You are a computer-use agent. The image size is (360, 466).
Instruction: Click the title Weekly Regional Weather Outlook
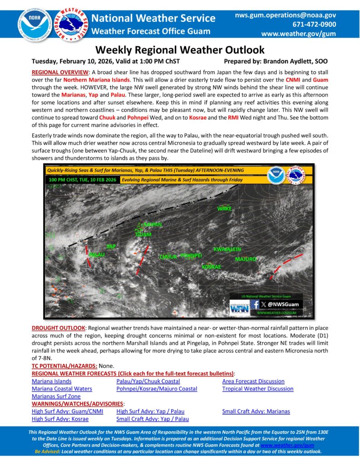(180, 50)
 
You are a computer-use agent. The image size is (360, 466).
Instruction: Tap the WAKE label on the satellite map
(224, 208)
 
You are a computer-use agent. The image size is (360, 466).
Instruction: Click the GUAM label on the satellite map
(144, 234)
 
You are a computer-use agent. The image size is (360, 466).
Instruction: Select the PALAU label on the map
(96, 254)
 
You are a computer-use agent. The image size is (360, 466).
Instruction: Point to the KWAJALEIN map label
(227, 249)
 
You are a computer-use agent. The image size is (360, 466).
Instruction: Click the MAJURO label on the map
(246, 259)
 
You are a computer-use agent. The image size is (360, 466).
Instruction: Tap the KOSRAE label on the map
(211, 266)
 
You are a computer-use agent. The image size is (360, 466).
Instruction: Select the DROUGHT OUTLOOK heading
(58, 328)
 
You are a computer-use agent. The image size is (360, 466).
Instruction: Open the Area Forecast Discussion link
(253, 381)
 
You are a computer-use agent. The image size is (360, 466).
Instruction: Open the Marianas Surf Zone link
(56, 396)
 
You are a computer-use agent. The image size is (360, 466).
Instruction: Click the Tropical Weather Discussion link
(258, 389)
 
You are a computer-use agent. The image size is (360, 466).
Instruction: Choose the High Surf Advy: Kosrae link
(60, 419)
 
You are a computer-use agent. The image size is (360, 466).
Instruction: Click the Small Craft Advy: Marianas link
(256, 411)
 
